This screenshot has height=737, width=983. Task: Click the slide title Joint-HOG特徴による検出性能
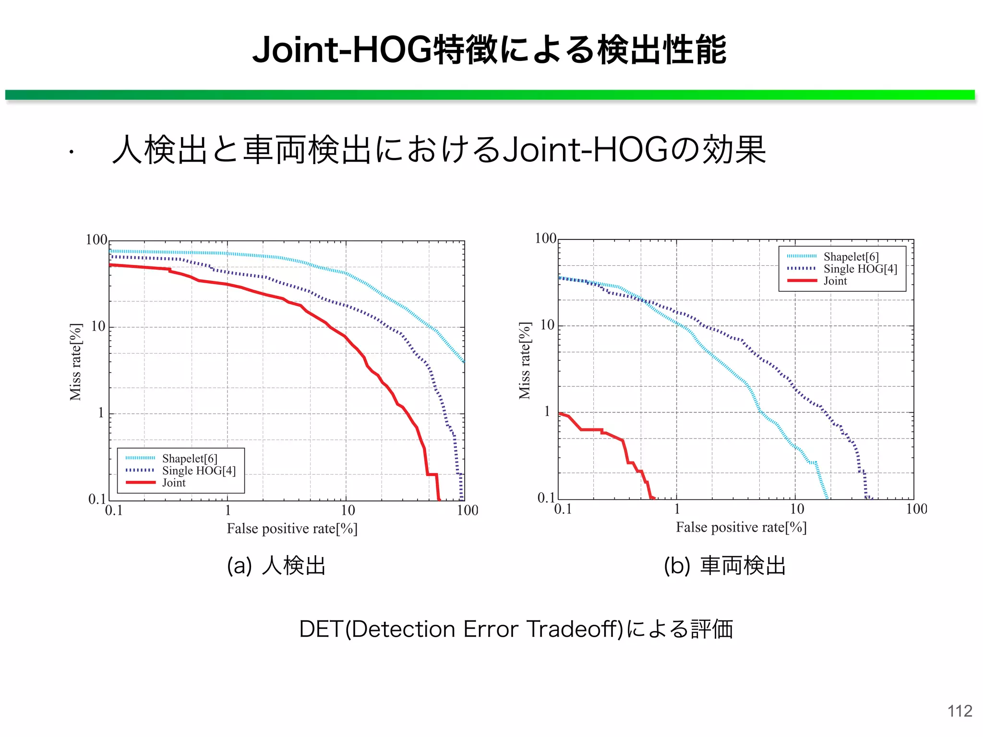click(490, 50)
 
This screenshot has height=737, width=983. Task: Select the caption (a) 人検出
click(276, 565)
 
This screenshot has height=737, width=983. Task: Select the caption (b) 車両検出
click(725, 565)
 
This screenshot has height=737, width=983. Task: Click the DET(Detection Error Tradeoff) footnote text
click(516, 629)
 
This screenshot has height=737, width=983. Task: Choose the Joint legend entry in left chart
click(174, 483)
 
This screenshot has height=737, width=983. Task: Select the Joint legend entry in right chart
click(835, 281)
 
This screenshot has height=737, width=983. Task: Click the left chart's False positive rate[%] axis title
click(292, 529)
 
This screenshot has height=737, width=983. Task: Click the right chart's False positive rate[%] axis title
click(741, 527)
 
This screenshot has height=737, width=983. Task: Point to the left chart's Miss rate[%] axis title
click(76, 362)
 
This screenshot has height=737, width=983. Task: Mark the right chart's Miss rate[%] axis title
click(525, 360)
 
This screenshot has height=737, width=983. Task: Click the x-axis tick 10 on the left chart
click(348, 510)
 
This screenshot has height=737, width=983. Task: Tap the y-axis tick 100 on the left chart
click(96, 239)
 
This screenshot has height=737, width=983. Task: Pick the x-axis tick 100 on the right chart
click(916, 509)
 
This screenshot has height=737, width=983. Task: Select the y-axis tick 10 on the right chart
click(547, 325)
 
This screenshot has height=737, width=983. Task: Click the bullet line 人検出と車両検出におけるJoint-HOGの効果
click(439, 150)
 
